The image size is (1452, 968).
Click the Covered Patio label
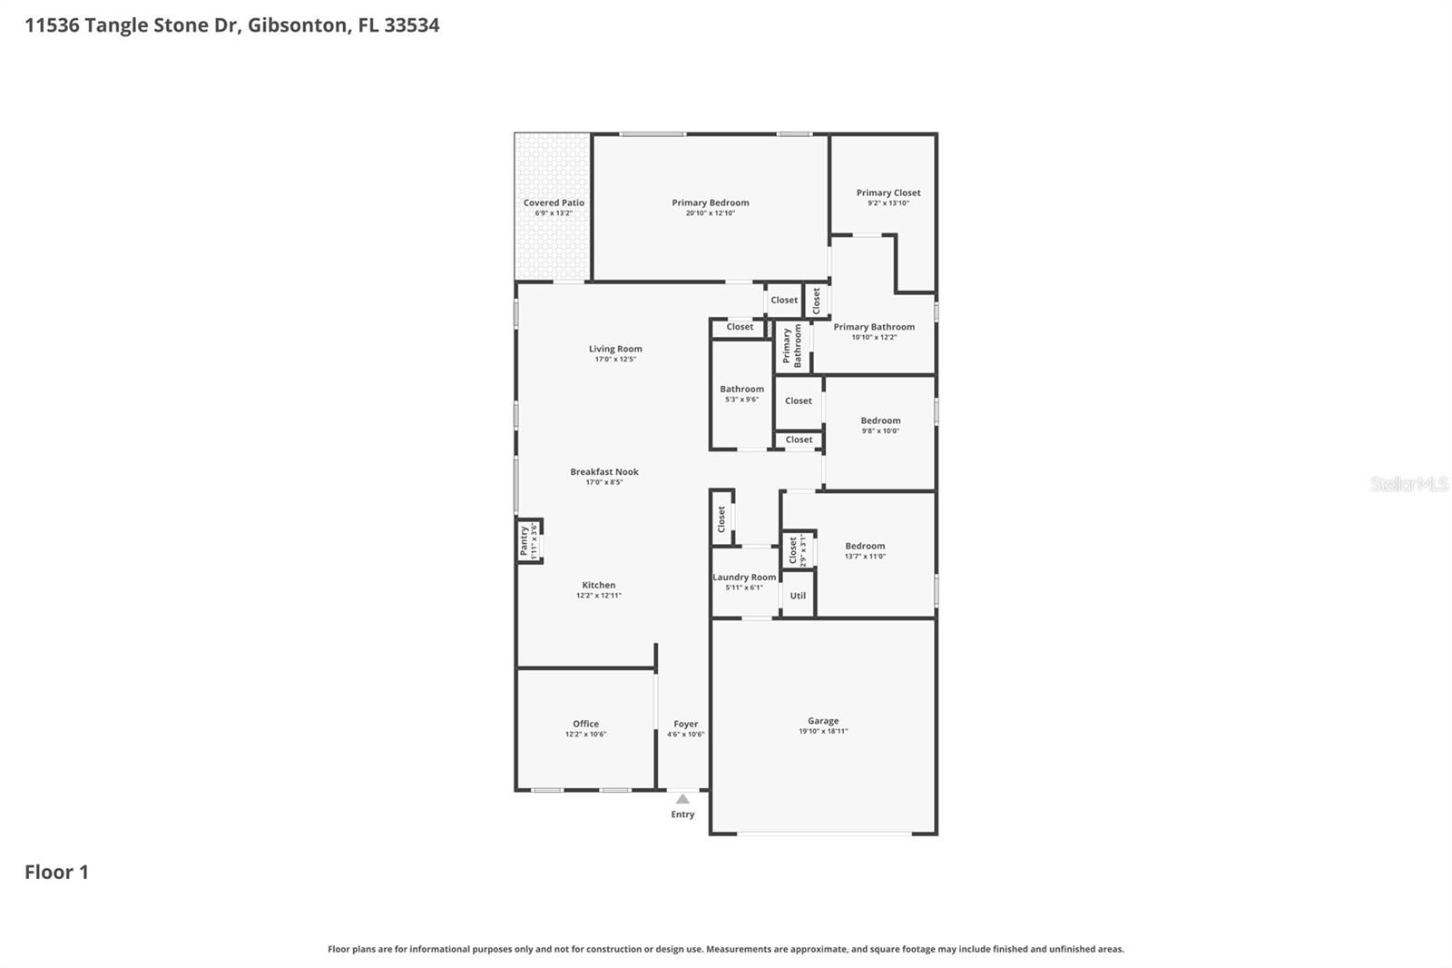(554, 202)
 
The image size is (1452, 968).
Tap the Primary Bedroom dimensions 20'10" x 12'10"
(710, 213)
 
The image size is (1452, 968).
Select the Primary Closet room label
(888, 193)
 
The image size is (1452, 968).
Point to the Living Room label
(615, 349)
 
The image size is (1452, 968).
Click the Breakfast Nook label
(604, 471)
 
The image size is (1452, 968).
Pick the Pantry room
(529, 541)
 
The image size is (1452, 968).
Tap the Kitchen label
(598, 585)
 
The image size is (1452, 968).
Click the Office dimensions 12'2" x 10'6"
(585, 735)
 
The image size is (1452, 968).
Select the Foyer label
(685, 724)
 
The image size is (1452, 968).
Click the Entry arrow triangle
(682, 799)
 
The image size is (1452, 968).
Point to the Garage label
(823, 721)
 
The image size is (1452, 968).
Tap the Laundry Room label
(744, 577)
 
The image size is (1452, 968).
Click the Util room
(798, 596)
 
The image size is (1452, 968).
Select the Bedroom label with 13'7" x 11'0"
(865, 546)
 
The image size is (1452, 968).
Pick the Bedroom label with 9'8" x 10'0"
(880, 420)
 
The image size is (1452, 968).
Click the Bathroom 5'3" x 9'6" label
(741, 389)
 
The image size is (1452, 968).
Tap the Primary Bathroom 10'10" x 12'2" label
(874, 327)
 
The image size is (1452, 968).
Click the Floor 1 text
(56, 872)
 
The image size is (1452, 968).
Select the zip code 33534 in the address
(411, 25)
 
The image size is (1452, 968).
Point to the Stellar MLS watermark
(1408, 484)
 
